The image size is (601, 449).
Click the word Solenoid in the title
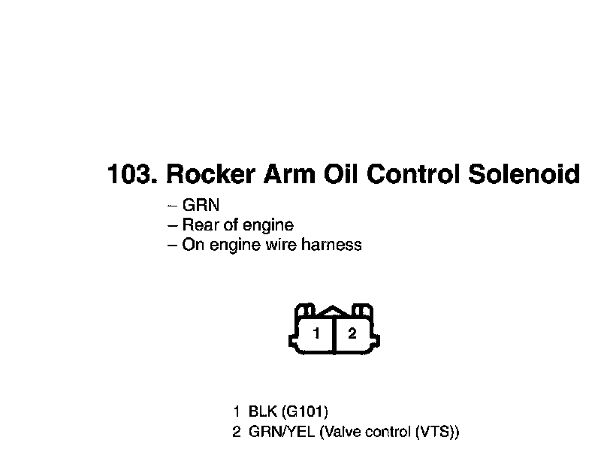pyautogui.click(x=524, y=174)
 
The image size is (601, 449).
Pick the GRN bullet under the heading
pyautogui.click(x=201, y=206)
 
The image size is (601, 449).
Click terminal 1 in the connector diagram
pyautogui.click(x=318, y=333)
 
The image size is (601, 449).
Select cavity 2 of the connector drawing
pyautogui.click(x=352, y=333)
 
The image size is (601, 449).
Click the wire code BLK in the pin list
pyautogui.click(x=262, y=411)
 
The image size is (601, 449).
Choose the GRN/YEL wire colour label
pyautogui.click(x=281, y=432)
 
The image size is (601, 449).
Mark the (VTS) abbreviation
pyautogui.click(x=436, y=432)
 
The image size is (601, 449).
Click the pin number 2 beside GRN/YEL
pyautogui.click(x=237, y=432)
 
